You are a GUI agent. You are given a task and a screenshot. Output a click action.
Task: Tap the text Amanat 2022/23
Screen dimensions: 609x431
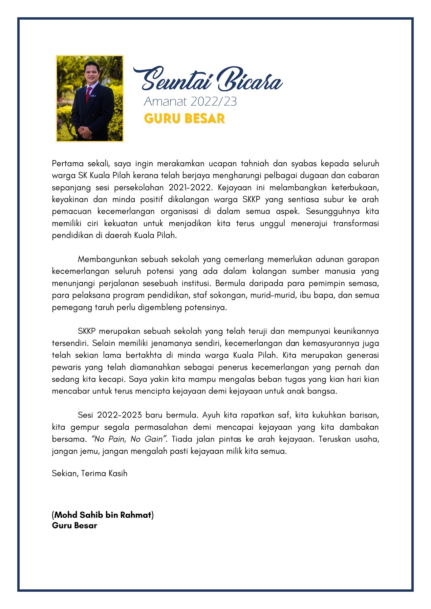point(190,101)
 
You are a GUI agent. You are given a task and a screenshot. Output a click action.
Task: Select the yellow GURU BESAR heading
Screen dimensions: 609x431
point(185,118)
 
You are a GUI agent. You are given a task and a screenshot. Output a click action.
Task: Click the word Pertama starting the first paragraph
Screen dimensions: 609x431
point(68,164)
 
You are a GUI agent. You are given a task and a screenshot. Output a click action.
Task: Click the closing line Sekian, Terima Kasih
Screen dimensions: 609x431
point(90,473)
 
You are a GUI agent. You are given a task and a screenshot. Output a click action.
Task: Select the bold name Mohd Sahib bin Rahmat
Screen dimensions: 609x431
point(103,515)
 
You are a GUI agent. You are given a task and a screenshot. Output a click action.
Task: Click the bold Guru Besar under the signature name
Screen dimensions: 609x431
point(74,525)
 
